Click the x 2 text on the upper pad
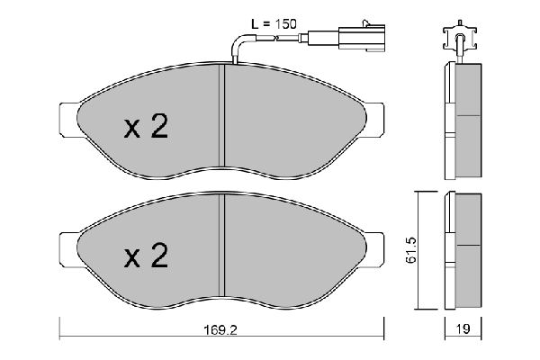tap(146, 128)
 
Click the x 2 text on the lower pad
tap(146, 257)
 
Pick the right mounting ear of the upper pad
tap(375, 117)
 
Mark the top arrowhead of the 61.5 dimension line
tap(416, 194)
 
